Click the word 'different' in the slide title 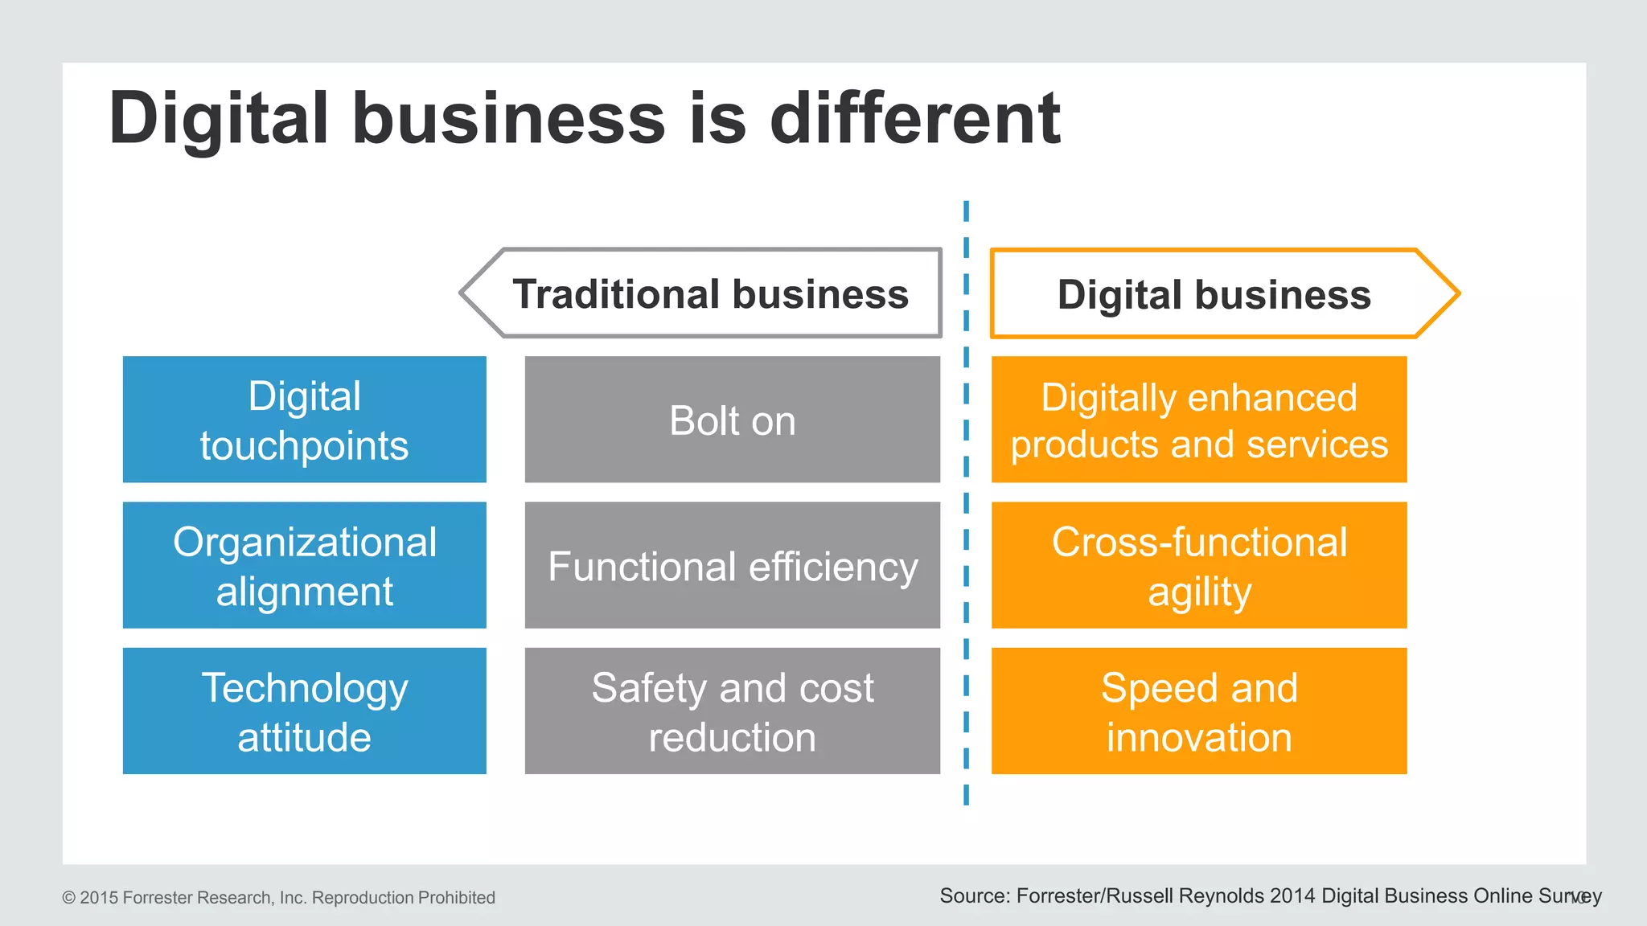pyautogui.click(x=915, y=118)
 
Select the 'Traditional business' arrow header pyautogui.click(x=710, y=293)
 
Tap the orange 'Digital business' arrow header pyautogui.click(x=1214, y=294)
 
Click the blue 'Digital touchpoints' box pyautogui.click(x=304, y=420)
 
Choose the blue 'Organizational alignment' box pyautogui.click(x=304, y=565)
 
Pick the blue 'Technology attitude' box pyautogui.click(x=304, y=711)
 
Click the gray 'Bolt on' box pyautogui.click(x=732, y=420)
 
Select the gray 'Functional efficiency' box pyautogui.click(x=732, y=565)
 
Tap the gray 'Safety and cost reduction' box pyautogui.click(x=732, y=711)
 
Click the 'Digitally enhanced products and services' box pyautogui.click(x=1198, y=420)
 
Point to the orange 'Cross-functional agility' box pyautogui.click(x=1198, y=565)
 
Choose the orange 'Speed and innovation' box pyautogui.click(x=1198, y=711)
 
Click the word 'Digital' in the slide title pyautogui.click(x=219, y=118)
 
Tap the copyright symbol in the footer pyautogui.click(x=69, y=898)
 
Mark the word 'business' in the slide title pyautogui.click(x=508, y=118)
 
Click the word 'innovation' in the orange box pyautogui.click(x=1198, y=737)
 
